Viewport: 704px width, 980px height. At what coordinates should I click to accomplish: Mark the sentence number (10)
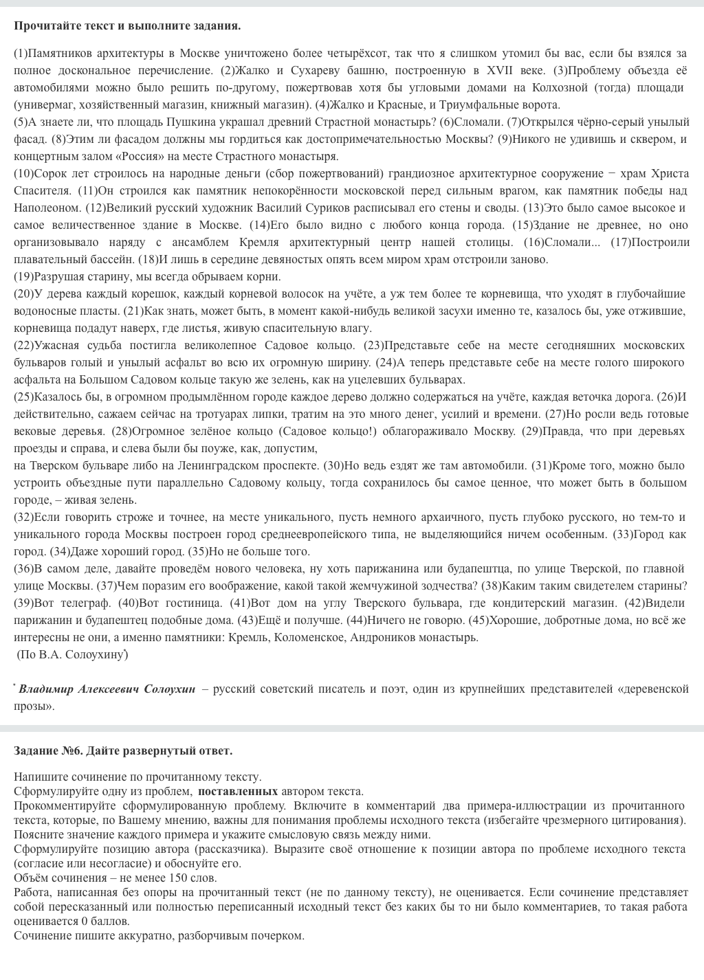click(x=23, y=173)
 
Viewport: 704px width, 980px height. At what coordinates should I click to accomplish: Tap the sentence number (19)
click(x=23, y=276)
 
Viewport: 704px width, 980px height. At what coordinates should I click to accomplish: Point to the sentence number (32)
click(x=23, y=517)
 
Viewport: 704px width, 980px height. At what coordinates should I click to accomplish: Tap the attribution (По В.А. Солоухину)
click(x=71, y=654)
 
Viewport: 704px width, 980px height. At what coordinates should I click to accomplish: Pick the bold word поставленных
click(x=238, y=791)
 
